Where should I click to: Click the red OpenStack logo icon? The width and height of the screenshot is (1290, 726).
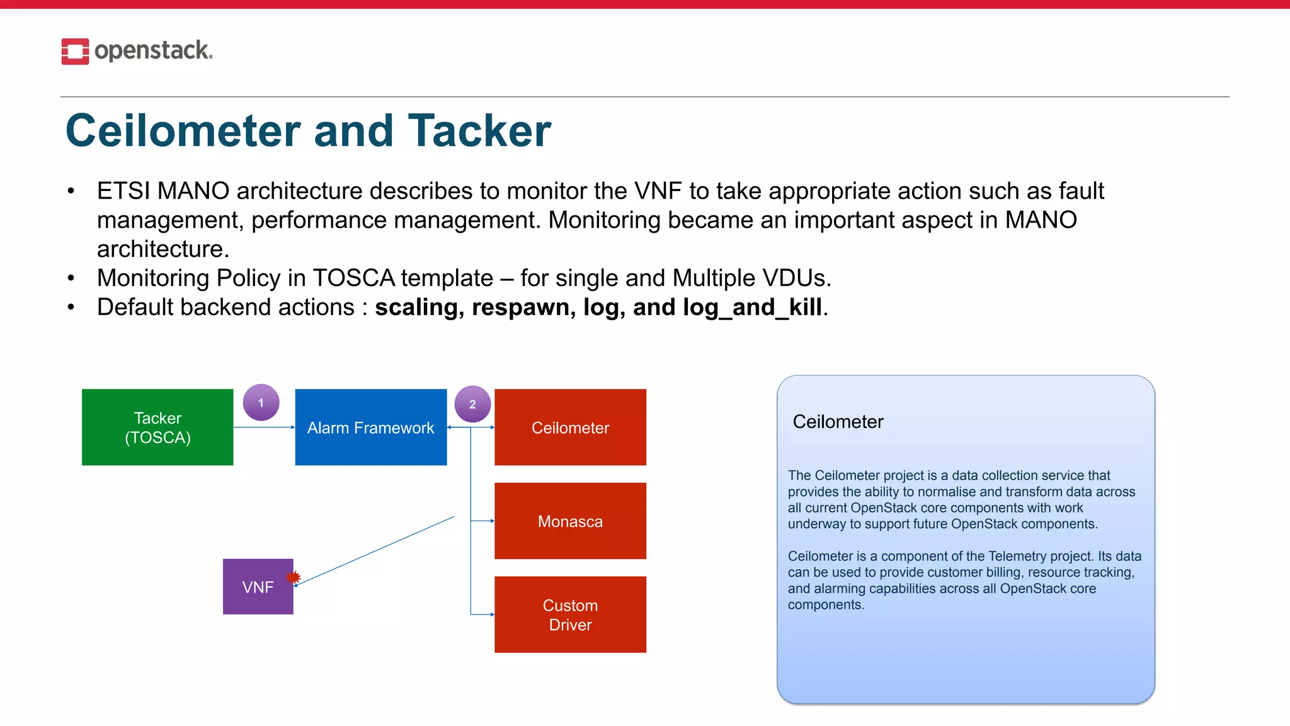(x=75, y=51)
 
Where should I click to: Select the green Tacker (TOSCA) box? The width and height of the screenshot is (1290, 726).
(x=157, y=427)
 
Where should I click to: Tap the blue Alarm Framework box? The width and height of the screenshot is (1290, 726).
(x=370, y=427)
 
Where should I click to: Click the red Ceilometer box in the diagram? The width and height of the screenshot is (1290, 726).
(x=570, y=427)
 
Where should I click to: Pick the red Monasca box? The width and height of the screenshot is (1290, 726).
(x=570, y=521)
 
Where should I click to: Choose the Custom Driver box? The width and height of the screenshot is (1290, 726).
(x=570, y=614)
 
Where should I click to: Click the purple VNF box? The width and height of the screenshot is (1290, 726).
(x=258, y=587)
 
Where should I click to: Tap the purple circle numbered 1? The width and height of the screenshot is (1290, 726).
(x=261, y=402)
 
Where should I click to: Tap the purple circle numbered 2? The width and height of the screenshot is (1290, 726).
(x=472, y=404)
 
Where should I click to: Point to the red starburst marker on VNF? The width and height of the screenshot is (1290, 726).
(x=294, y=577)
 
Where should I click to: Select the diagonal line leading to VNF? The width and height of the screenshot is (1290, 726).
(x=375, y=551)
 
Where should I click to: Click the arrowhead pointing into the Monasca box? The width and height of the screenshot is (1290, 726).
(x=492, y=521)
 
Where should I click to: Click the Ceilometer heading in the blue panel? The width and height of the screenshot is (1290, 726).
(x=838, y=422)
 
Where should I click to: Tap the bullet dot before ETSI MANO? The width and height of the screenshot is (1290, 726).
(x=71, y=191)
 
